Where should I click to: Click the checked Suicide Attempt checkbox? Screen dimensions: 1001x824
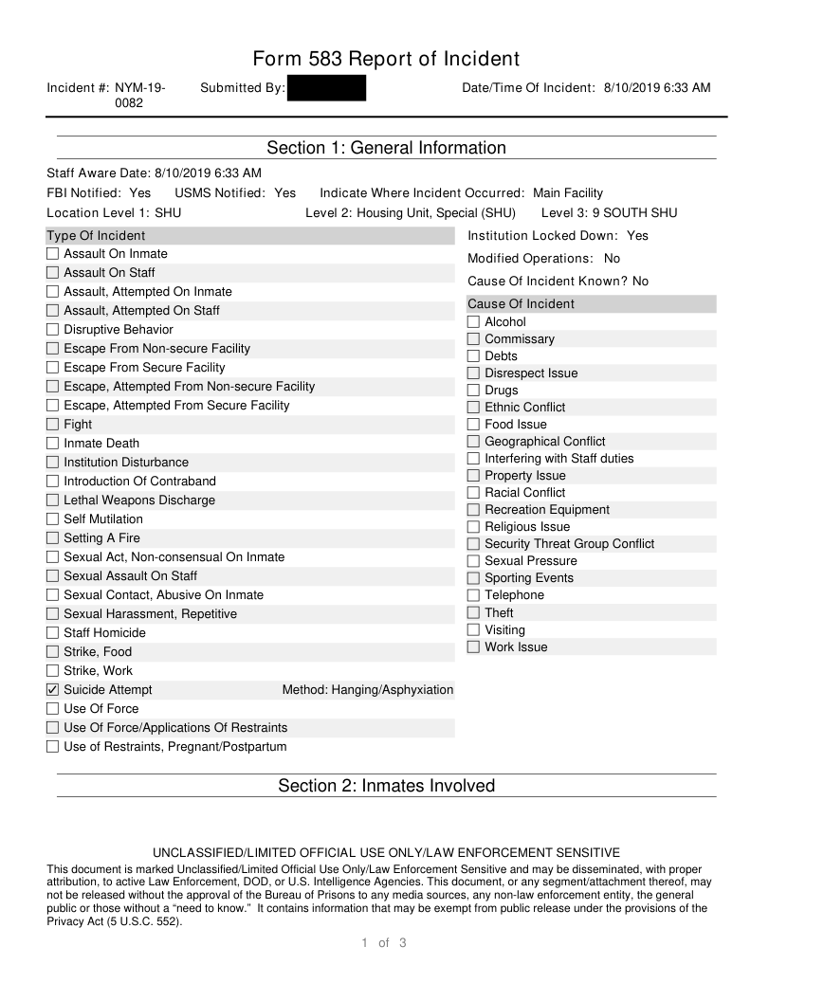point(53,690)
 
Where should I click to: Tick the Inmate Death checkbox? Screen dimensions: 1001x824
point(53,444)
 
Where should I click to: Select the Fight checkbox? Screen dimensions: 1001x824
point(53,425)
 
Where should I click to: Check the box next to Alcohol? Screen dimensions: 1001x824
point(473,322)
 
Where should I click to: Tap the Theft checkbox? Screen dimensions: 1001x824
point(473,613)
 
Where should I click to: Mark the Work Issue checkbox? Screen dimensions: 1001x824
point(473,647)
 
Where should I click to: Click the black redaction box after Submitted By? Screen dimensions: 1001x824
point(326,88)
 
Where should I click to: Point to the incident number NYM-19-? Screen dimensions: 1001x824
point(140,88)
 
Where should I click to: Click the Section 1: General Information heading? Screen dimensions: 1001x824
point(386,148)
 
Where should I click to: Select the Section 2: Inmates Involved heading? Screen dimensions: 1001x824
point(386,786)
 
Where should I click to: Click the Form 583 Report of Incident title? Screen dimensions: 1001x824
point(386,59)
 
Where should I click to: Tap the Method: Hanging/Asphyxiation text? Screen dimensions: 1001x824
point(368,690)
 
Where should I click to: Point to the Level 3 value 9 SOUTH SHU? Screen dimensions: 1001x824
point(634,213)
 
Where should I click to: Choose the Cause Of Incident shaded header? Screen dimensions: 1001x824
point(521,304)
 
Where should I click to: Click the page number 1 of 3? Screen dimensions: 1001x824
point(384,942)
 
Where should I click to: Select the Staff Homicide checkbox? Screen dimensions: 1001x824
point(53,633)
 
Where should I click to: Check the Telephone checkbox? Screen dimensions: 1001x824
point(473,595)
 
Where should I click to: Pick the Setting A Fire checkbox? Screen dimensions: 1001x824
point(53,538)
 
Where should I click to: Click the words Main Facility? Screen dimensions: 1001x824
point(567,193)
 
